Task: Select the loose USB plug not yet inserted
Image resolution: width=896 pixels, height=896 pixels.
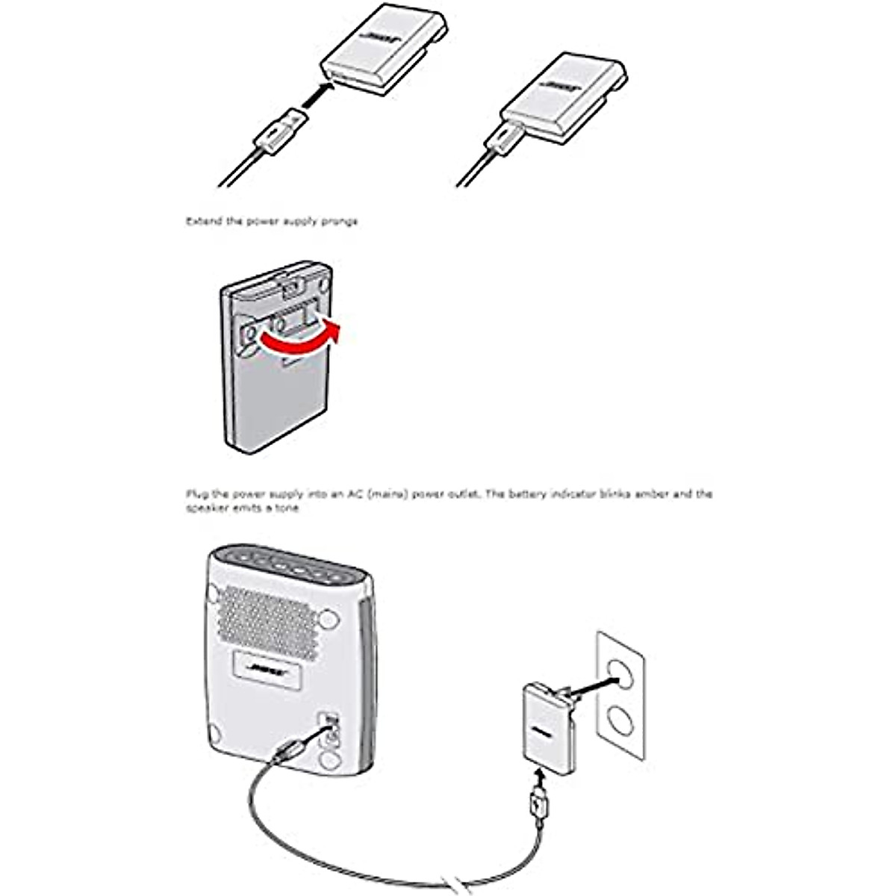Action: pos(278,131)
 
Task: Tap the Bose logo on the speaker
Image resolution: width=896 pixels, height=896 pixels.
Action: pos(268,666)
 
